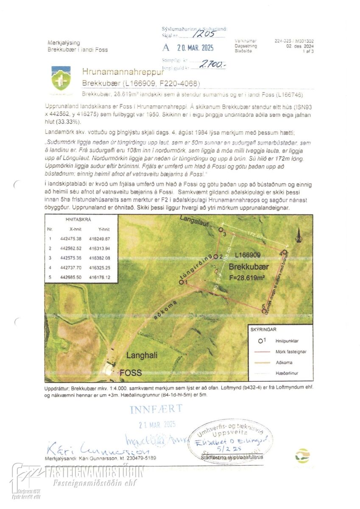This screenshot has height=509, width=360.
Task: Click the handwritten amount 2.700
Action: tap(213, 65)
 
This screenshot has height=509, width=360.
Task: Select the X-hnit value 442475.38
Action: tap(71, 239)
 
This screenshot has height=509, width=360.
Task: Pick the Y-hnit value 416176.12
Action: tap(100, 277)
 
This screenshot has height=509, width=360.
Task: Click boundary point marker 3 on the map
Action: tap(220, 229)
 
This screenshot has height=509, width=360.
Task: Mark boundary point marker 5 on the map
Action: tap(264, 311)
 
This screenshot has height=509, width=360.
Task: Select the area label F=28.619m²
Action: tap(247, 278)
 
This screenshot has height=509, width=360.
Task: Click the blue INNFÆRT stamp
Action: tap(156, 409)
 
